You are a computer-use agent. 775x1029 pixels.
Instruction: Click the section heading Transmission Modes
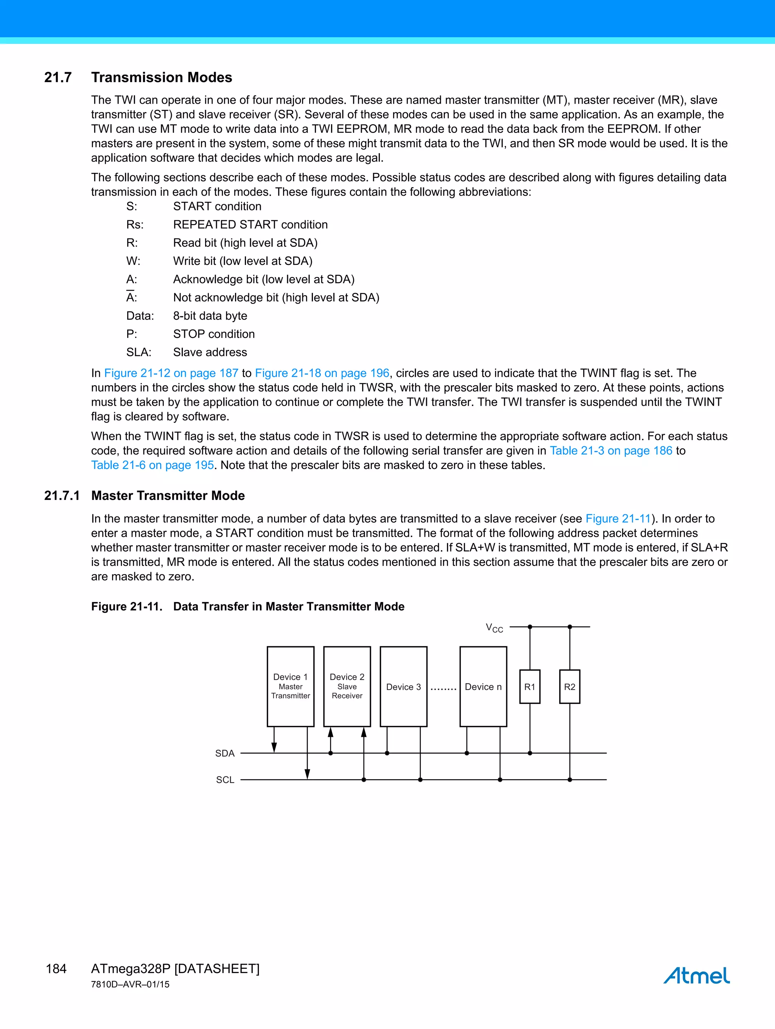click(162, 77)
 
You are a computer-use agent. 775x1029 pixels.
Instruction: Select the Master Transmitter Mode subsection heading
click(168, 495)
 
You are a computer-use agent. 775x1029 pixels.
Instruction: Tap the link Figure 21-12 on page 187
click(171, 373)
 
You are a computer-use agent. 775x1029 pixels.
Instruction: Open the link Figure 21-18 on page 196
click(322, 373)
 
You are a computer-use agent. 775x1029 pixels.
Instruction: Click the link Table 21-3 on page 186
click(611, 450)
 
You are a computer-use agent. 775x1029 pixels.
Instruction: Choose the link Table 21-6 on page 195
click(152, 465)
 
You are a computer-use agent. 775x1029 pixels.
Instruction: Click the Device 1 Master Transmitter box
click(290, 686)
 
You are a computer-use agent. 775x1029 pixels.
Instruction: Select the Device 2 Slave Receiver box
click(347, 686)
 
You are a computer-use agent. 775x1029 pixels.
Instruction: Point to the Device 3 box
click(403, 687)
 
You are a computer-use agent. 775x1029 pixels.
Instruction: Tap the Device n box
click(483, 687)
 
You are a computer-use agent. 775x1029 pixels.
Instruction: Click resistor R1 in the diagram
click(529, 687)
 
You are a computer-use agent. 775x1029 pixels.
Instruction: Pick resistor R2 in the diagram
click(570, 687)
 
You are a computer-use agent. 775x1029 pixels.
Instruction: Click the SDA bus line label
click(225, 753)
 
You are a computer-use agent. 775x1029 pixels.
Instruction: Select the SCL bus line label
click(225, 780)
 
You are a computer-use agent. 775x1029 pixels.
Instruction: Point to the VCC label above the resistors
click(494, 628)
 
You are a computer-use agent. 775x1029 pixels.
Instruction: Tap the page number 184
click(56, 968)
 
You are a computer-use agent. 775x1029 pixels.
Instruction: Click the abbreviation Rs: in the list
click(135, 225)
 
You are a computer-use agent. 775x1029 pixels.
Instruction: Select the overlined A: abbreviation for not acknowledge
click(132, 297)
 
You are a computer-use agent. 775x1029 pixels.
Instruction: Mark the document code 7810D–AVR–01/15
click(130, 984)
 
